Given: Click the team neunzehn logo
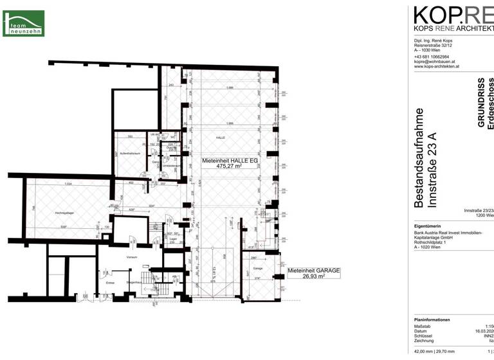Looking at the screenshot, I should (x=24, y=23).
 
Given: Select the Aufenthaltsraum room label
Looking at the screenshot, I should (x=129, y=153).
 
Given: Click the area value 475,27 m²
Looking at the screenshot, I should (x=221, y=166).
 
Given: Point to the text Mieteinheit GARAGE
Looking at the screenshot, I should (x=314, y=271).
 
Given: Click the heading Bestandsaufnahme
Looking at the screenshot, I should (x=419, y=159).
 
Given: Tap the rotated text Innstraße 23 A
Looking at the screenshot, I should (x=433, y=169).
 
